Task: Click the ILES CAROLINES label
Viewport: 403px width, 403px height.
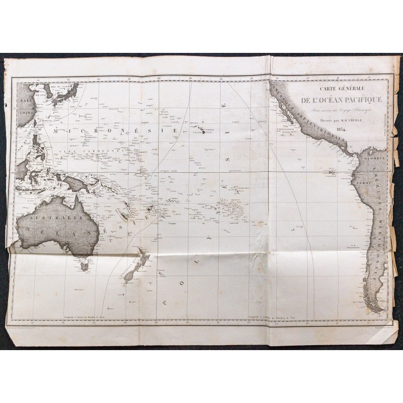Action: pos(88,151)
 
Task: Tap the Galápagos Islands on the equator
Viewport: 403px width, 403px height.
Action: pos(330,173)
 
